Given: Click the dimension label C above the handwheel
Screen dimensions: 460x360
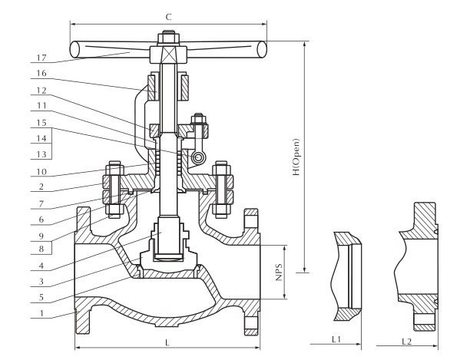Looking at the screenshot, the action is pos(168,17).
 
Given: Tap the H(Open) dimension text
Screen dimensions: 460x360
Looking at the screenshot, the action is pos(296,157).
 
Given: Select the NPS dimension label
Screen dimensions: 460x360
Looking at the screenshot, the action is pos(279,272).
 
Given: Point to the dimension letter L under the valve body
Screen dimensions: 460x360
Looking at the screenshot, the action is pos(167,342).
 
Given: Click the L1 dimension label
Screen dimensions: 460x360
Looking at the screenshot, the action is pos(336,339).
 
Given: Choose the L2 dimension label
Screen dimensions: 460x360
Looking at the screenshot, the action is pos(406,342).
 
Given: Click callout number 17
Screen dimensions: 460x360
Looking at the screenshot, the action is pos(41,58).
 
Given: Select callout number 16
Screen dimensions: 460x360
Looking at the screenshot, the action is pos(41,73).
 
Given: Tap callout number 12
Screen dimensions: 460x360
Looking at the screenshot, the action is pos(41,91).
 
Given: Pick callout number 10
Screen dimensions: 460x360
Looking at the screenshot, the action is pos(41,172).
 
